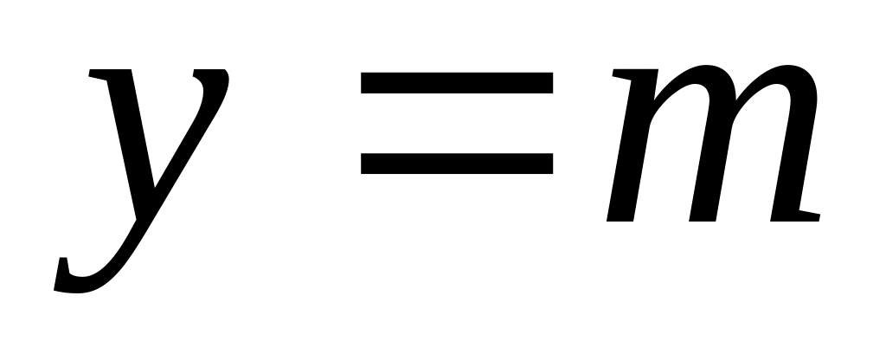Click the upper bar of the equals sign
pyautogui.click(x=457, y=83)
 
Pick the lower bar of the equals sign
pyautogui.click(x=457, y=164)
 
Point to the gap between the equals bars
pyautogui.click(x=457, y=123)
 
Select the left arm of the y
pyautogui.click(x=125, y=130)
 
